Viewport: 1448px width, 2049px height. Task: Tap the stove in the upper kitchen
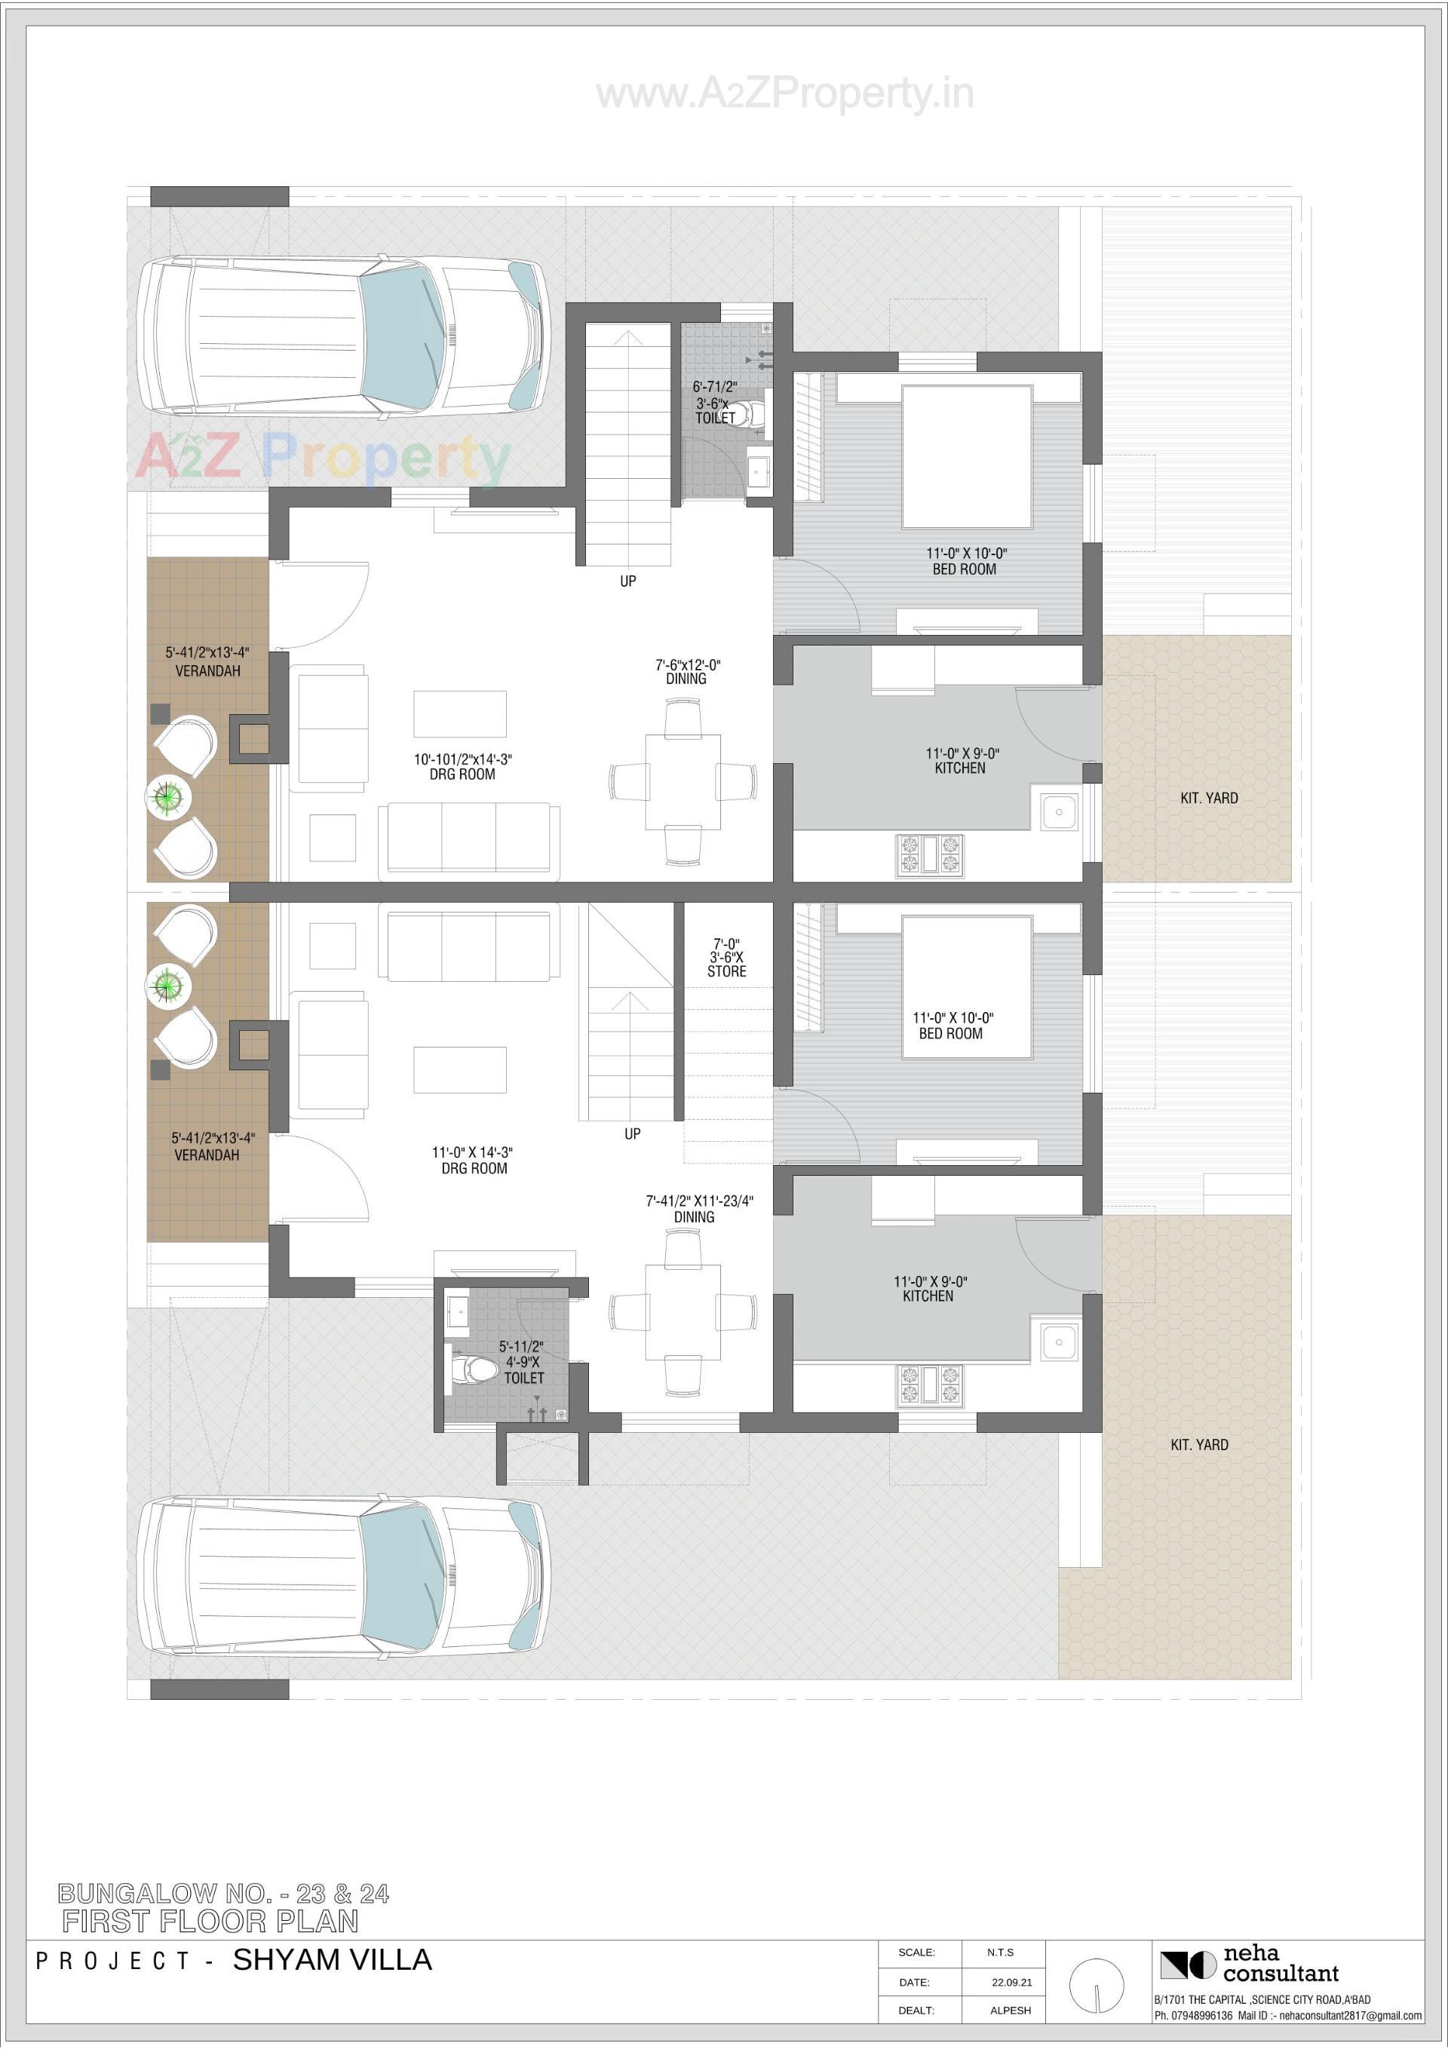point(929,853)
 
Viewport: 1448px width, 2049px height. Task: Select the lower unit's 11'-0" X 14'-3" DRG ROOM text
point(473,1160)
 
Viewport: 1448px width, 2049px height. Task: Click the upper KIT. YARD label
point(1209,798)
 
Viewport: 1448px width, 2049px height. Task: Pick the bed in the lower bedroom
point(966,987)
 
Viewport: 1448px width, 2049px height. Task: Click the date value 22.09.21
point(1011,1982)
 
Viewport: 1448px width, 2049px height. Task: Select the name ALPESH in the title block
point(1010,2011)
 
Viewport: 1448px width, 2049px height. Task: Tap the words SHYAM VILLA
point(332,1960)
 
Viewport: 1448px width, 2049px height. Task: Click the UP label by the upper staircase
point(627,581)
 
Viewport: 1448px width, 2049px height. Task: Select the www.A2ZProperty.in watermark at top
point(784,94)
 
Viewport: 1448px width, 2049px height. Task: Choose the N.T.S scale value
point(1000,1952)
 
